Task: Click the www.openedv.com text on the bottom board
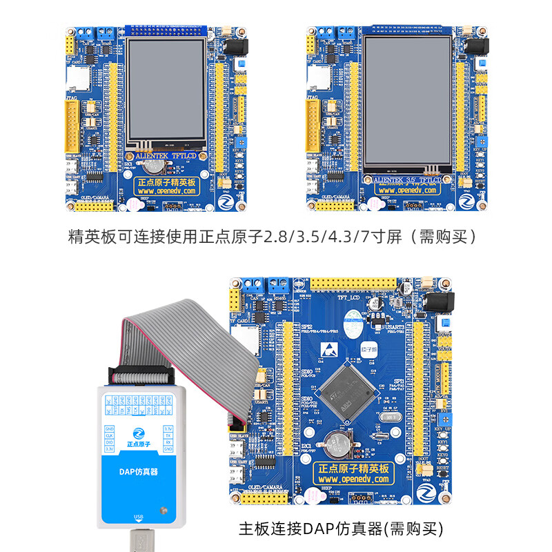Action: click(354, 479)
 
